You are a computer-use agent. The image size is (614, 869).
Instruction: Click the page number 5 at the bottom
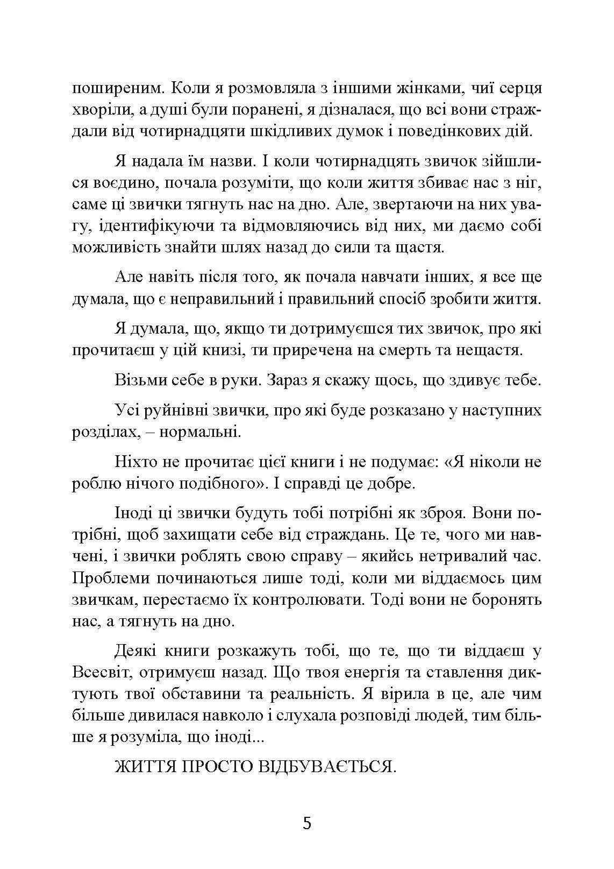pos(307,824)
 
